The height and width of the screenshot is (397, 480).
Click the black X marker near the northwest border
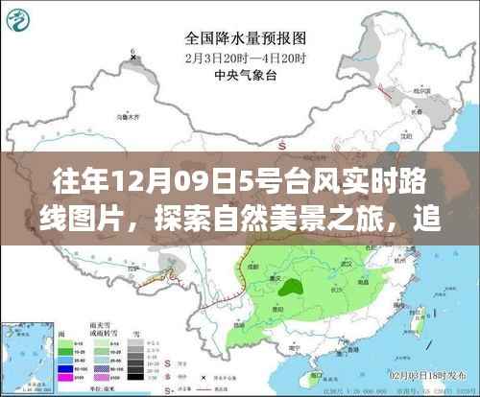click(x=132, y=57)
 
